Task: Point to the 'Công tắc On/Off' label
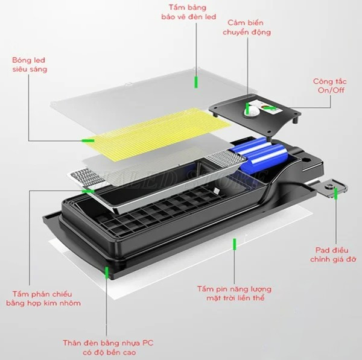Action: pyautogui.click(x=329, y=85)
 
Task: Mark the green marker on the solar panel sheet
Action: pyautogui.click(x=234, y=243)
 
